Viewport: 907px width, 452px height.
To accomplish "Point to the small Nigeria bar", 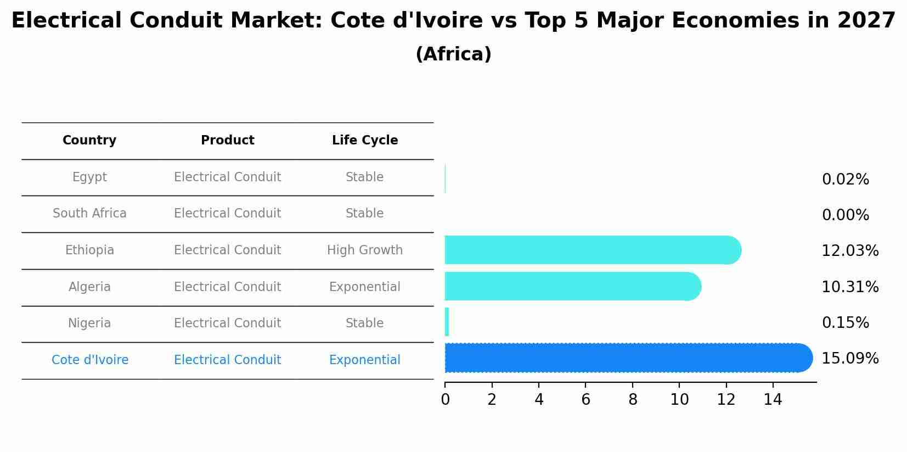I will click(447, 322).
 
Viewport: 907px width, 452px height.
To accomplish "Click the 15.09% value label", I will click(849, 359).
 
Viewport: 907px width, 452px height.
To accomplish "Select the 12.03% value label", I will click(849, 251).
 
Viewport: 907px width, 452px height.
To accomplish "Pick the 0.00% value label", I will click(845, 215).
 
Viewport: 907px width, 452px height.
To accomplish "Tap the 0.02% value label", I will click(845, 180).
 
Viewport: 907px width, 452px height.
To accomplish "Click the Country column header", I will click(89, 141).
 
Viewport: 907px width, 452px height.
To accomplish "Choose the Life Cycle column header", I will click(365, 141).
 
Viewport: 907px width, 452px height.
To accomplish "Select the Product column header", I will click(227, 141).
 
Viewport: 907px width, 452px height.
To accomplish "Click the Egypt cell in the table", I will click(89, 177).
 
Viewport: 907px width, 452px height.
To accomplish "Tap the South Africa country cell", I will click(89, 214).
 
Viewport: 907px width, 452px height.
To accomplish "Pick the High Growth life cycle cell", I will click(365, 250).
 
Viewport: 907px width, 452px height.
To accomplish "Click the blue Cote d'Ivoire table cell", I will click(90, 360).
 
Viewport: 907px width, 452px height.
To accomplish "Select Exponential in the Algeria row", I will click(365, 287).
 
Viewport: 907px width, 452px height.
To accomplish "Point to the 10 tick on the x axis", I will click(679, 400).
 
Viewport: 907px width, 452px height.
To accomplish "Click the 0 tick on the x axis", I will click(445, 400).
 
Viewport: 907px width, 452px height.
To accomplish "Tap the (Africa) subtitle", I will click(453, 54).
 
